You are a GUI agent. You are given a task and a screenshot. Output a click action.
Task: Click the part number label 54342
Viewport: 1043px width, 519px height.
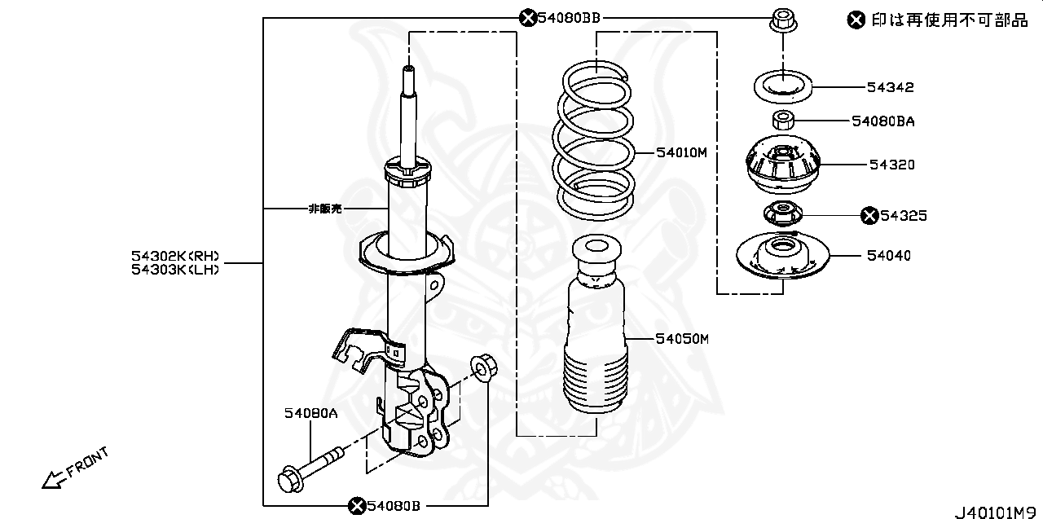point(890,87)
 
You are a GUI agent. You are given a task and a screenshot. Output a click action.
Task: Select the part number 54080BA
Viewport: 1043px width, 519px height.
point(883,121)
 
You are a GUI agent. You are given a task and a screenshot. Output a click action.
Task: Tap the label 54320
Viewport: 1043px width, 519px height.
point(891,165)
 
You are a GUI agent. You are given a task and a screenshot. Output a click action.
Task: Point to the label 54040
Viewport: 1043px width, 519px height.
point(888,256)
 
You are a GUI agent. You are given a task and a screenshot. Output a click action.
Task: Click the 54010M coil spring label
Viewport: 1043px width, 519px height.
point(682,152)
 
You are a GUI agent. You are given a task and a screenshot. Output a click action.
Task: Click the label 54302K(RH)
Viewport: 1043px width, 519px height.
point(175,256)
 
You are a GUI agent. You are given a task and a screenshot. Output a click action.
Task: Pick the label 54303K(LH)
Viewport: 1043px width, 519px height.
point(175,270)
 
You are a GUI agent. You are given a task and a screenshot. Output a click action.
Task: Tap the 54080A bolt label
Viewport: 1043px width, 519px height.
point(310,414)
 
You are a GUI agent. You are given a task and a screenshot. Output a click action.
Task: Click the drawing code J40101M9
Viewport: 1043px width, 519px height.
point(997,512)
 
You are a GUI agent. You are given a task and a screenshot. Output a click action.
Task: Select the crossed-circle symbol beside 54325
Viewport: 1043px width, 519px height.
point(869,215)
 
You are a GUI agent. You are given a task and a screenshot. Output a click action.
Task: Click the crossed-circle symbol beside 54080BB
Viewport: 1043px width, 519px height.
point(528,17)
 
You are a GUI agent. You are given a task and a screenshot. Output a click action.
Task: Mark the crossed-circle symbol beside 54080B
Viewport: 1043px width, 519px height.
point(356,506)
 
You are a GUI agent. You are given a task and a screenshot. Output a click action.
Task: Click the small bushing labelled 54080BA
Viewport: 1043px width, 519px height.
point(783,121)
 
